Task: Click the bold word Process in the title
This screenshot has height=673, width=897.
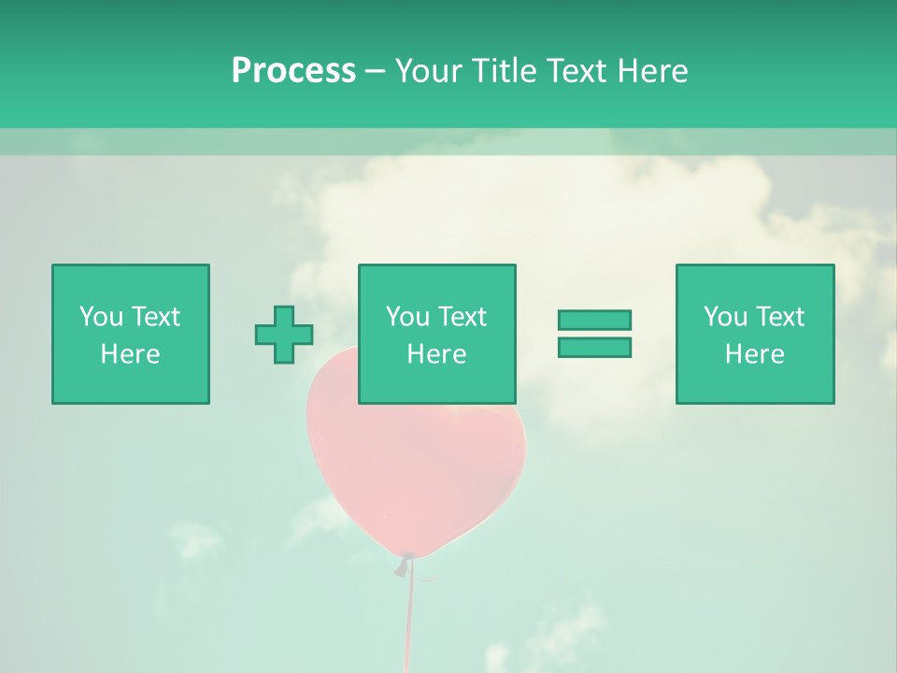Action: click(x=293, y=71)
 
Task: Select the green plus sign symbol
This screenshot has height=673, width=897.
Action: click(x=284, y=334)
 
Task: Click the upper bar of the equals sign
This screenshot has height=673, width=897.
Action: click(x=594, y=320)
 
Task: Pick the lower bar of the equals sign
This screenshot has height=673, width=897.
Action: click(x=594, y=347)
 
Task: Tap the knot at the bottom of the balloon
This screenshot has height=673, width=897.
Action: click(x=405, y=564)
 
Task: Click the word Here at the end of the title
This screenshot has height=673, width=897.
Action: click(x=649, y=71)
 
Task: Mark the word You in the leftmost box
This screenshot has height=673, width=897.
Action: click(x=101, y=317)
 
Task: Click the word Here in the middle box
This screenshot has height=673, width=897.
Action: click(x=437, y=354)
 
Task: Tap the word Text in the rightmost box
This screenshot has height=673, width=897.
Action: click(x=780, y=317)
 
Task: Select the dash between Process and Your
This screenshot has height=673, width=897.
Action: click(x=375, y=71)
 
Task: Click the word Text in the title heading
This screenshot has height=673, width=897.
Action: click(x=578, y=71)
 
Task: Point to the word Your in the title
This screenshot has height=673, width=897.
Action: click(x=431, y=71)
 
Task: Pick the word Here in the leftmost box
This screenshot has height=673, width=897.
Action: click(x=131, y=354)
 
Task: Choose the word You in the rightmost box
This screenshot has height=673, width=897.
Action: click(x=725, y=317)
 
